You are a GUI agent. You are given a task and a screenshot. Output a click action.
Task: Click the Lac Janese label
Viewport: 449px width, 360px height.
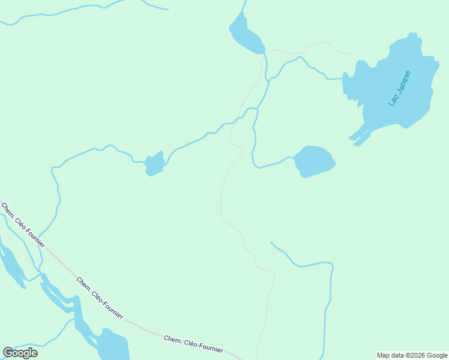coord(399,88)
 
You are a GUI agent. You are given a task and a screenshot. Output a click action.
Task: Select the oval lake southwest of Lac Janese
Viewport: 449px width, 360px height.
coord(314,161)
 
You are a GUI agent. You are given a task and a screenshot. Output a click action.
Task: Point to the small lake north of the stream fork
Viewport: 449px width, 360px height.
coord(246,35)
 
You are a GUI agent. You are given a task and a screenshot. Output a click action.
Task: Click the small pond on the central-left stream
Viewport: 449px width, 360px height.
coord(154,164)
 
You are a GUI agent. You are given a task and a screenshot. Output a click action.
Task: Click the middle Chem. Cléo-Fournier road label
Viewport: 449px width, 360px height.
coord(100,298)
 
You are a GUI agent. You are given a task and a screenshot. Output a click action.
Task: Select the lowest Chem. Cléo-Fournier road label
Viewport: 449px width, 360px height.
coord(193,344)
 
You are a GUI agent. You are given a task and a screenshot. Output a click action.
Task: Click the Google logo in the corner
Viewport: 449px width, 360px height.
coord(20,352)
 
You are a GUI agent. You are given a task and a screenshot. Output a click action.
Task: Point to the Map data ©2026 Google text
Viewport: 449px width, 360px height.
coord(412,355)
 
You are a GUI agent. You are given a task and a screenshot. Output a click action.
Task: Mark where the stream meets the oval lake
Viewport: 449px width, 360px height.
coord(293,158)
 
